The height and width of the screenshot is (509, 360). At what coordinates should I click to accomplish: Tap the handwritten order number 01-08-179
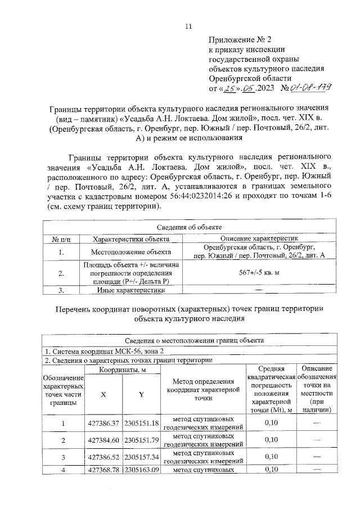click(308, 88)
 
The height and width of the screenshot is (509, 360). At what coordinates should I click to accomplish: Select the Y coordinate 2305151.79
click(142, 440)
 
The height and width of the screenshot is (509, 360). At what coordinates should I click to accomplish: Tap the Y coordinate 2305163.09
click(142, 469)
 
